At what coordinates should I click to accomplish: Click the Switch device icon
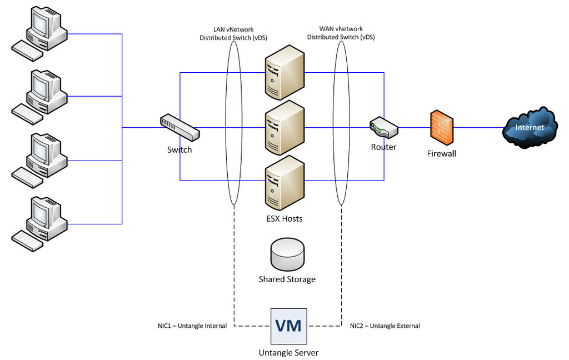click(179, 128)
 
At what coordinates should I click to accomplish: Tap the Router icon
click(384, 128)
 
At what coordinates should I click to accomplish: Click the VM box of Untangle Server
click(289, 325)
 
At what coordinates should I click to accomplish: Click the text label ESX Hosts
click(284, 218)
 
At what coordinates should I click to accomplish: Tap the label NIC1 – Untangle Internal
click(192, 326)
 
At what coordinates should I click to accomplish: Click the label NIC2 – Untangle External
click(385, 326)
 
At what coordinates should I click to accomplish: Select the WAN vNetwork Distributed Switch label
click(341, 33)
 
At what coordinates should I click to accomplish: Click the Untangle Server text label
click(288, 352)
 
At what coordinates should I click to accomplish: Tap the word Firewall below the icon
click(441, 153)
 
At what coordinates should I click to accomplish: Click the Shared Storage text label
click(287, 279)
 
